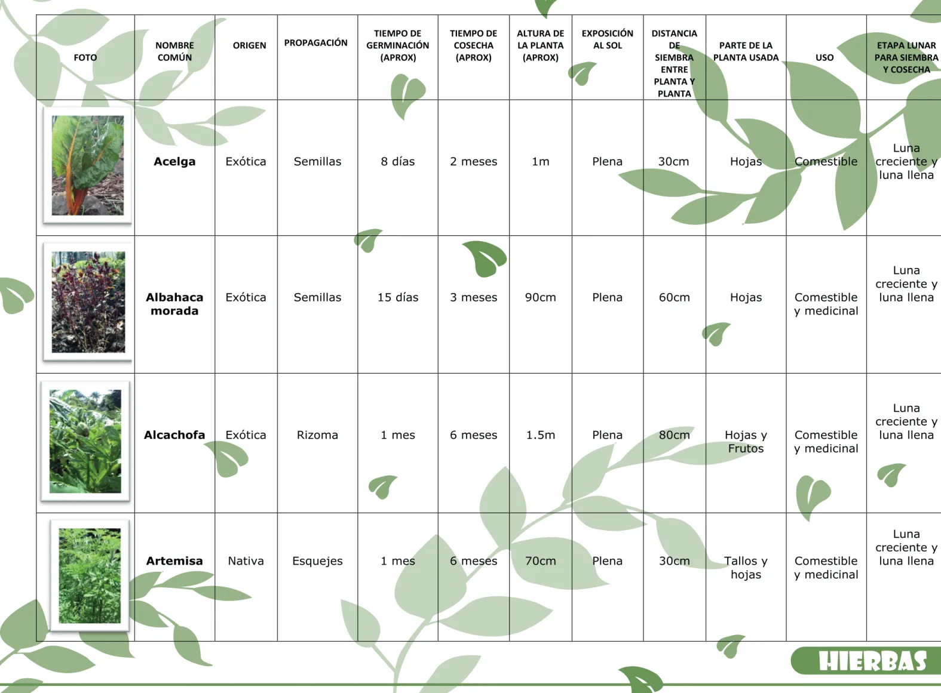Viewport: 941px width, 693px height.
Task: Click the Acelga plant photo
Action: click(x=87, y=165)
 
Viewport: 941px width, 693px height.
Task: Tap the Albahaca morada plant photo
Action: click(x=88, y=302)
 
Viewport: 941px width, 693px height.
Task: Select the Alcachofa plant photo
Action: click(x=85, y=441)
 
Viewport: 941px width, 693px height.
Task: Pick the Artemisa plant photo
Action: click(x=90, y=575)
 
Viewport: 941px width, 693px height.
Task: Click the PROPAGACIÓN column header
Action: click(x=316, y=43)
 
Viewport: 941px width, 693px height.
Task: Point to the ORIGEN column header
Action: click(x=250, y=45)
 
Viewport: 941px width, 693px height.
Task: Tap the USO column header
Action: click(x=824, y=57)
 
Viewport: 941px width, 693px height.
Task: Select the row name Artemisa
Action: click(x=174, y=560)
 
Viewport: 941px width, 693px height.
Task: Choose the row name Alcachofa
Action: click(x=174, y=435)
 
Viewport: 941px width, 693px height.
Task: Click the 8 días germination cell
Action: click(x=398, y=162)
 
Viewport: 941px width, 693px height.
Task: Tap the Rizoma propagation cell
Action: click(x=317, y=435)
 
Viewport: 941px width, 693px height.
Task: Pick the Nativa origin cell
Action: click(x=246, y=560)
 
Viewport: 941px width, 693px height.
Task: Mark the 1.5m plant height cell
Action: click(x=541, y=435)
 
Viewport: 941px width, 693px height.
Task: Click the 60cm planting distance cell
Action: click(x=675, y=298)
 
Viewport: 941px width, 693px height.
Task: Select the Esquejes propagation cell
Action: click(x=318, y=561)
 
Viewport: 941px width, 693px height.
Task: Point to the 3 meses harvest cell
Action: click(x=473, y=298)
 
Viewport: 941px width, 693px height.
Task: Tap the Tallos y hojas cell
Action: click(x=746, y=568)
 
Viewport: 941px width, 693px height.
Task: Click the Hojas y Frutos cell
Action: click(x=746, y=442)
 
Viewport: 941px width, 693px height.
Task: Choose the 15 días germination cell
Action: click(x=398, y=298)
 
